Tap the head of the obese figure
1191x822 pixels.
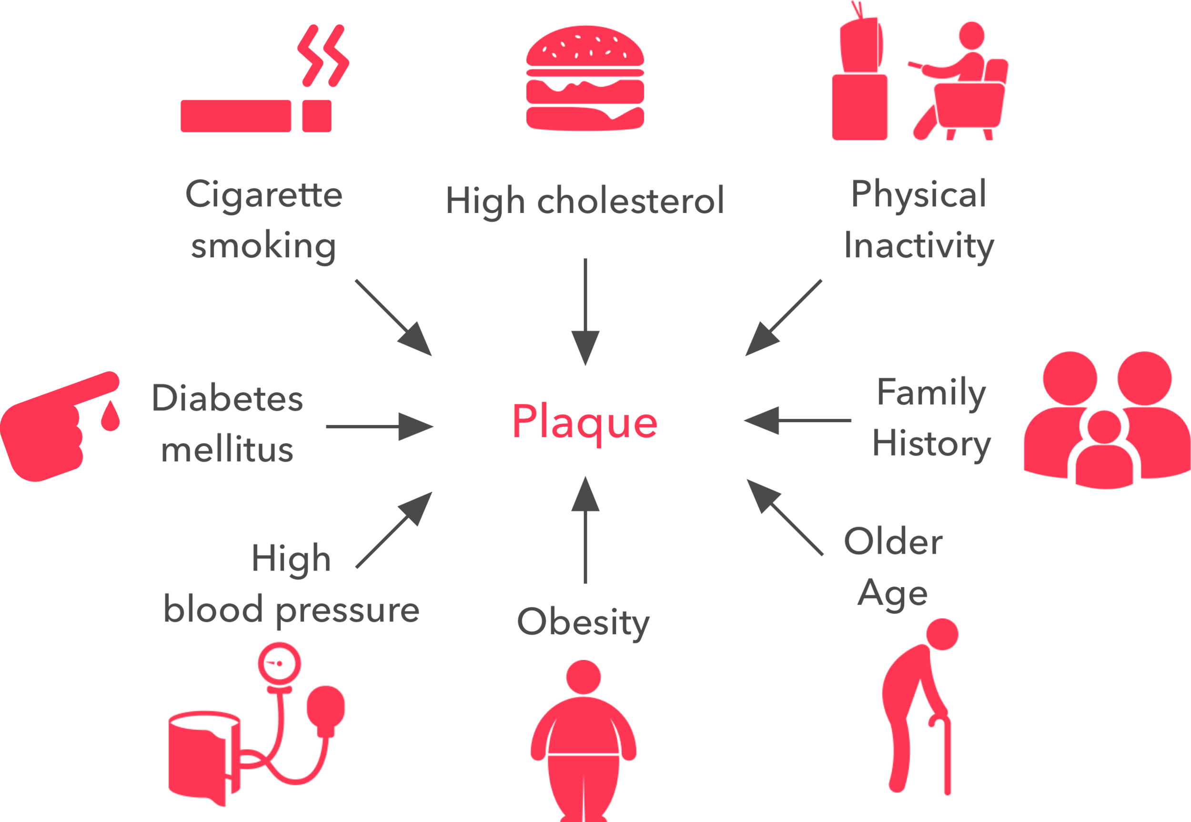[x=583, y=677]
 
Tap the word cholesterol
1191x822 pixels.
[x=630, y=201]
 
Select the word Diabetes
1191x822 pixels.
[x=227, y=399]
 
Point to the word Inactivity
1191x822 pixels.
[x=918, y=246]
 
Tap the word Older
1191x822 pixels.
[x=893, y=542]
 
